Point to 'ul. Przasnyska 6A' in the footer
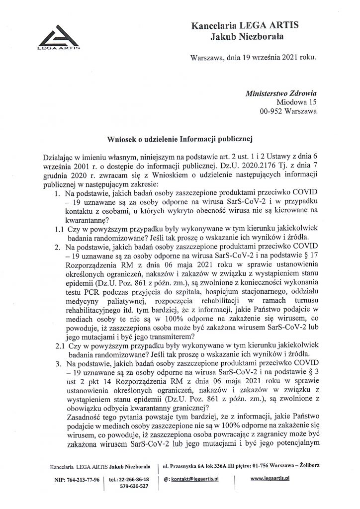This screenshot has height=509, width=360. [191, 466]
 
